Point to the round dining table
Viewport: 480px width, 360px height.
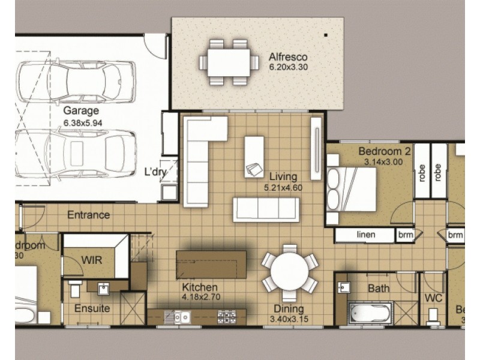tap(289, 272)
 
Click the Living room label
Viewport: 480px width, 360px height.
tap(283, 176)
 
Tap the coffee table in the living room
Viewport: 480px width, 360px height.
tap(254, 156)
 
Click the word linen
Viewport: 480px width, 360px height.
tap(365, 235)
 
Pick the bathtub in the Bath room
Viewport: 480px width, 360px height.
tap(370, 312)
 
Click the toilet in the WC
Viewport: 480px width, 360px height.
tap(433, 316)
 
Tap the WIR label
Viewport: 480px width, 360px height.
tap(91, 260)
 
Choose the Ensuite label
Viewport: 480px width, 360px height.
tap(92, 308)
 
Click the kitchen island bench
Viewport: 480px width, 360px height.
tap(211, 265)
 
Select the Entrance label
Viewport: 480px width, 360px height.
tap(88, 214)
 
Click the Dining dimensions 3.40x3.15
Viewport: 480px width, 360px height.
tap(289, 319)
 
